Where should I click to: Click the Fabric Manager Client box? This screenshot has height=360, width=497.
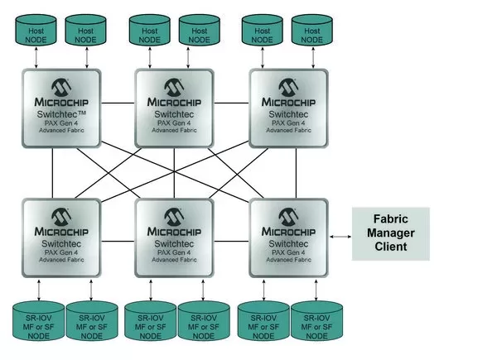tap(390, 233)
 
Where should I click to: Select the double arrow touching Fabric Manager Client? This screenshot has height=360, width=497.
tap(340, 236)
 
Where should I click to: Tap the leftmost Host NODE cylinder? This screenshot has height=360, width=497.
tap(34, 30)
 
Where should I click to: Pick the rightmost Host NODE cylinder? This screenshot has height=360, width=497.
tap(311, 30)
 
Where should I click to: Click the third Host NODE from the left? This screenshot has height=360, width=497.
tap(147, 30)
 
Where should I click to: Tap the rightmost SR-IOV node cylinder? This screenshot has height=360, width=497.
tap(316, 322)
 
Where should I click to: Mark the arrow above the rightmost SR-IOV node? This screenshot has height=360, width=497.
tap(316, 290)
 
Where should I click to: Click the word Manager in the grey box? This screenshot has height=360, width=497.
tap(390, 233)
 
